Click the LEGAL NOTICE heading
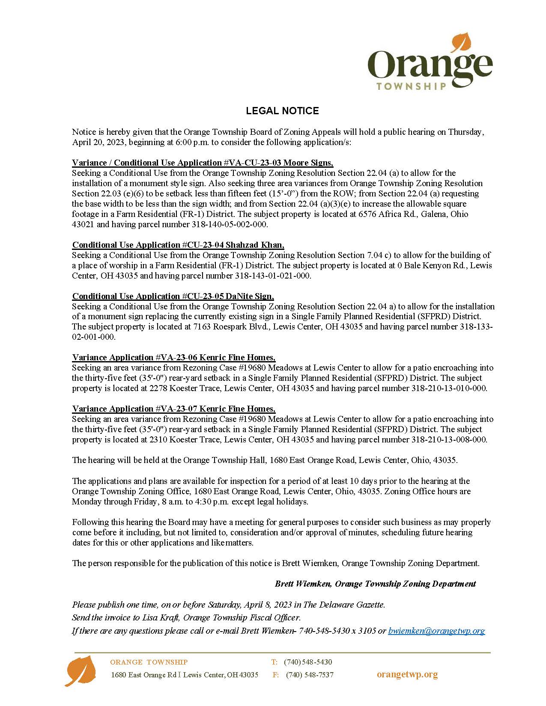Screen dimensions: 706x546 pyautogui.click(x=282, y=111)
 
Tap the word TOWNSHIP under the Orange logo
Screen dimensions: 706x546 pyautogui.click(x=411, y=86)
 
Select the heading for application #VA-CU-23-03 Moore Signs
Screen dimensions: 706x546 pyautogui.click(x=203, y=163)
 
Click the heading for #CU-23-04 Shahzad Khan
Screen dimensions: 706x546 pyautogui.click(x=178, y=245)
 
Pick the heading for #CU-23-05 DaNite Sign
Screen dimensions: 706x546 pyautogui.click(x=173, y=296)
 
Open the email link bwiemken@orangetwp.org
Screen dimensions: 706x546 pyautogui.click(x=436, y=631)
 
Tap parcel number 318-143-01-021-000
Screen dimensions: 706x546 pyautogui.click(x=272, y=276)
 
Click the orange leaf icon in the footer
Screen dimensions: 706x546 pyautogui.click(x=81, y=670)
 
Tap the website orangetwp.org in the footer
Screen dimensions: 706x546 pyautogui.click(x=407, y=675)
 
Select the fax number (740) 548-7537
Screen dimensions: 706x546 pyautogui.click(x=309, y=675)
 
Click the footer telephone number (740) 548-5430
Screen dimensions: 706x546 pyautogui.click(x=308, y=662)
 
